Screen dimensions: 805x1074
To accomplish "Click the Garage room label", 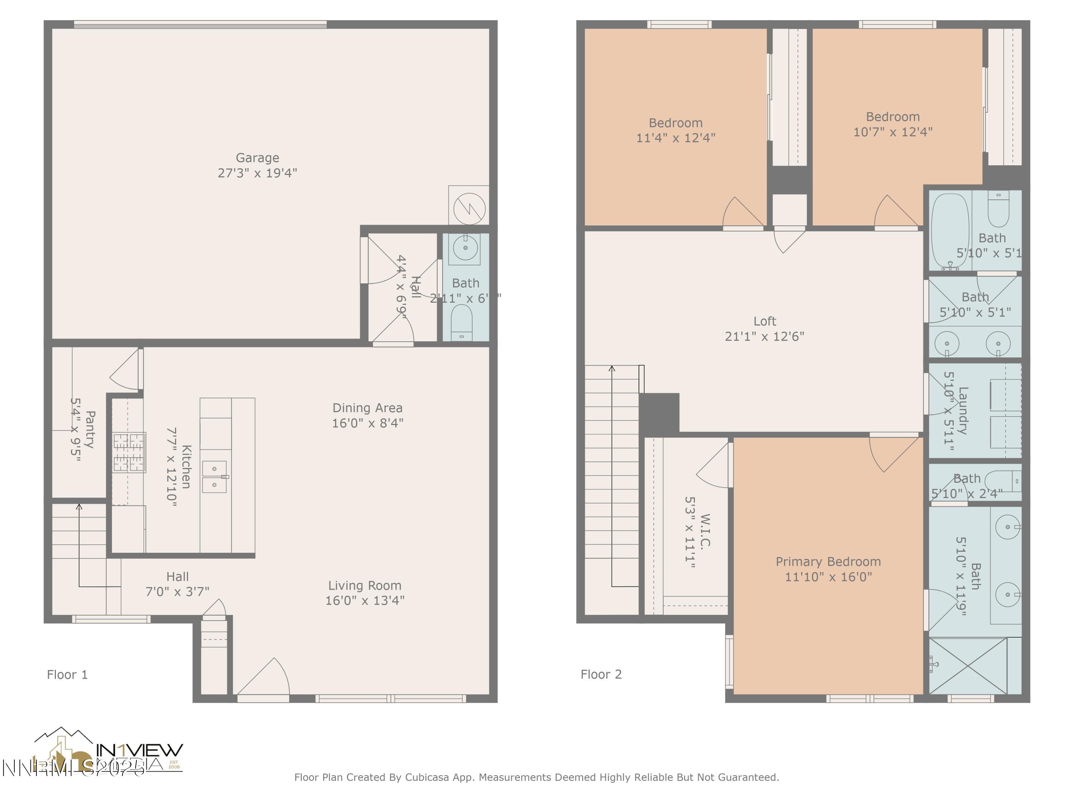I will (x=257, y=158).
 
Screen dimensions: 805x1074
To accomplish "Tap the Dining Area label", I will (x=368, y=408).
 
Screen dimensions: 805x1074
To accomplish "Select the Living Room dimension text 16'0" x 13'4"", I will (x=365, y=601).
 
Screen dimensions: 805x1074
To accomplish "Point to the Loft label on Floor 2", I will (x=765, y=321).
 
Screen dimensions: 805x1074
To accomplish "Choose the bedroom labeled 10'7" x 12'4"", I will (x=893, y=124).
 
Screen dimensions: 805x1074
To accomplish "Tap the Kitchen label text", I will (x=186, y=467).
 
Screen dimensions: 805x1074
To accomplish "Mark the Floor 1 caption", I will (x=67, y=674).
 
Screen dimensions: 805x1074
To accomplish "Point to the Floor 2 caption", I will (x=601, y=674).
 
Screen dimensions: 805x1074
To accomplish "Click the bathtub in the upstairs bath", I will (x=950, y=230).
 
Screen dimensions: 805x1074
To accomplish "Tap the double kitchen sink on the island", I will (x=214, y=477).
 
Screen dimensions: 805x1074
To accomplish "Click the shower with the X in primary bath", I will (x=968, y=666).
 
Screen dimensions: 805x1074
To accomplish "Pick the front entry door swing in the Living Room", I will (x=265, y=679).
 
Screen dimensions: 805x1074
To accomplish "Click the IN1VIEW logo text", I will (x=139, y=750).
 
